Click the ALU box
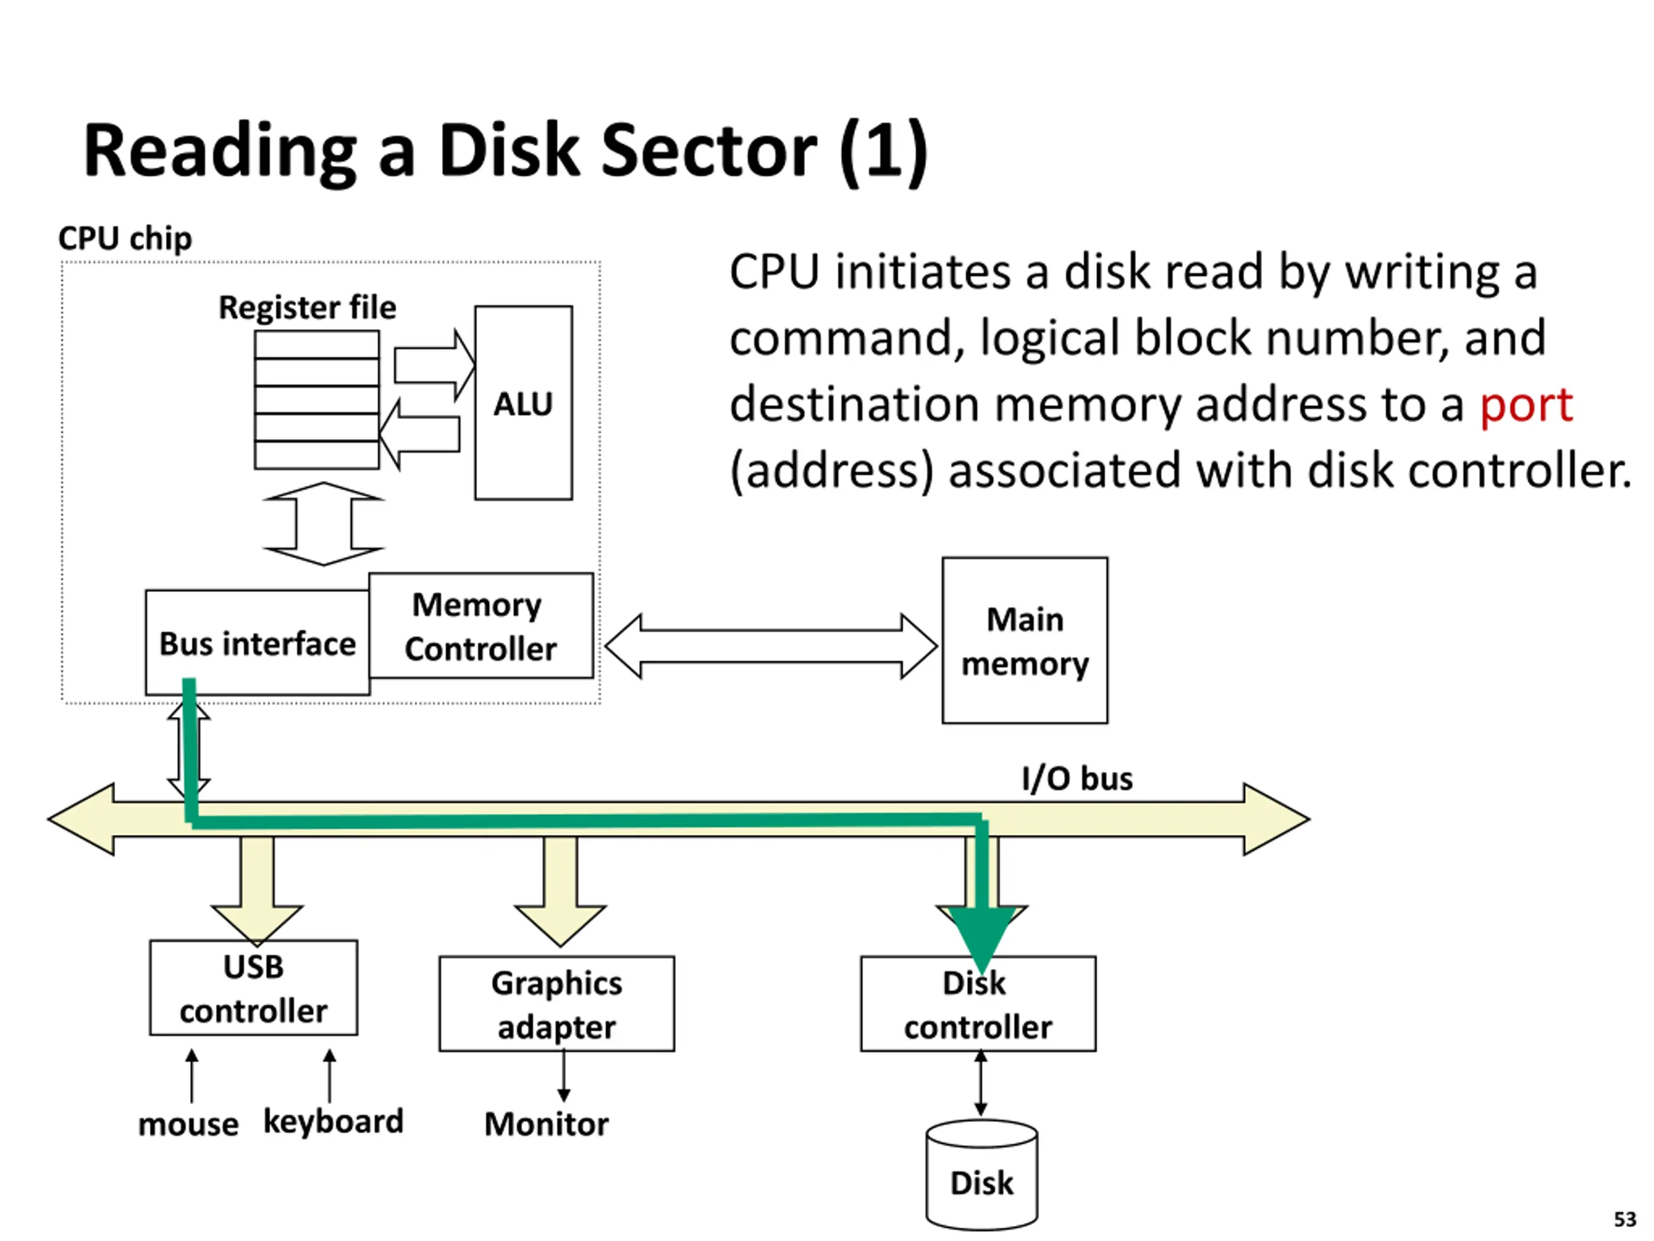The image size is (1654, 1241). [x=523, y=403]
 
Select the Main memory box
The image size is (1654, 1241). [x=1025, y=641]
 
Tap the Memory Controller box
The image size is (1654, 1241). [x=481, y=626]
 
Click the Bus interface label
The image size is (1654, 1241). [x=257, y=644]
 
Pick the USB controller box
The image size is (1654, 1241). [x=253, y=988]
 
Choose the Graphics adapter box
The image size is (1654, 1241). [x=556, y=1004]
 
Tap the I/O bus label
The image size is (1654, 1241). [x=1077, y=779]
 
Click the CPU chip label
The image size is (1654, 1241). [x=125, y=239]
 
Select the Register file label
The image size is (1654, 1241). [x=307, y=308]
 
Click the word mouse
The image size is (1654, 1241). [x=189, y=1124]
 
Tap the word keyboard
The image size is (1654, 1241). [x=333, y=1122]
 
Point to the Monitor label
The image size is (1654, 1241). [x=547, y=1123]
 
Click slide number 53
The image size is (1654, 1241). [x=1625, y=1219]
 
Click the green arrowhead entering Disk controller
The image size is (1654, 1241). [x=982, y=935]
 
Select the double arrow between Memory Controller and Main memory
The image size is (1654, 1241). [x=771, y=646]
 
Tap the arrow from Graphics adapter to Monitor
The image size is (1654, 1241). [x=564, y=1076]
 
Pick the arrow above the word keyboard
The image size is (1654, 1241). [x=329, y=1076]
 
